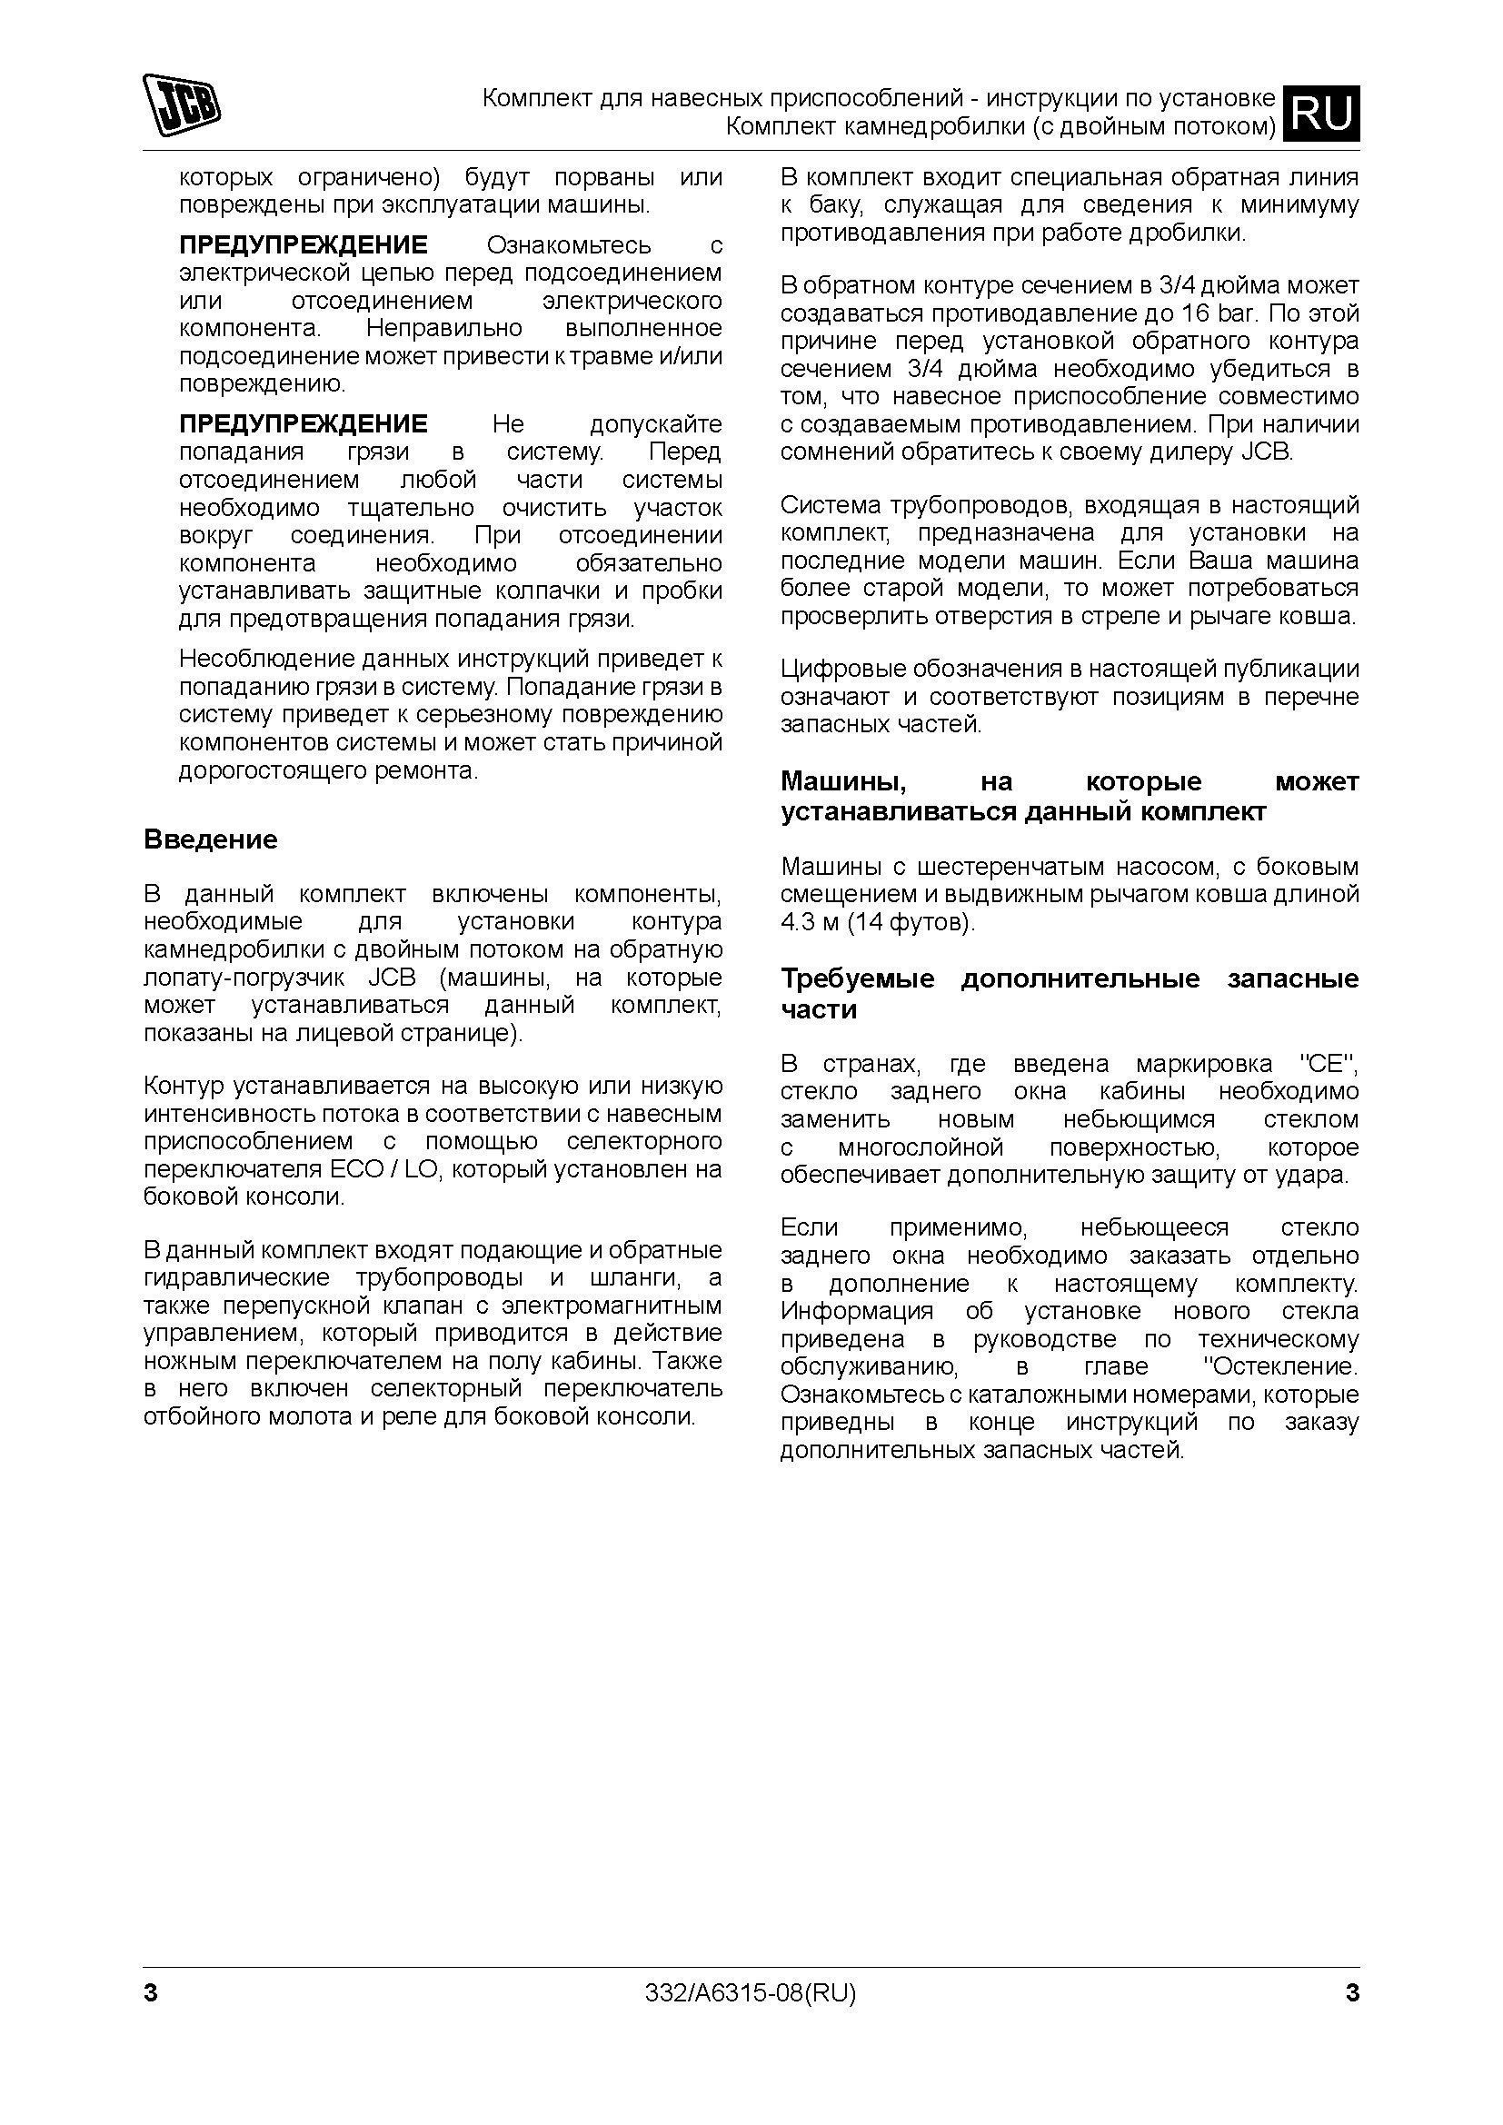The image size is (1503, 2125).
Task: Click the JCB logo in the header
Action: coord(182,104)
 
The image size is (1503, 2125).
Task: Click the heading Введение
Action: coord(210,839)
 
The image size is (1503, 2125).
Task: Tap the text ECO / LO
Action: coord(382,1169)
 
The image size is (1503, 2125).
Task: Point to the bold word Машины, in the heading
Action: coord(843,781)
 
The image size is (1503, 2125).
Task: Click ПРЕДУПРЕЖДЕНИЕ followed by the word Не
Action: coord(303,424)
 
